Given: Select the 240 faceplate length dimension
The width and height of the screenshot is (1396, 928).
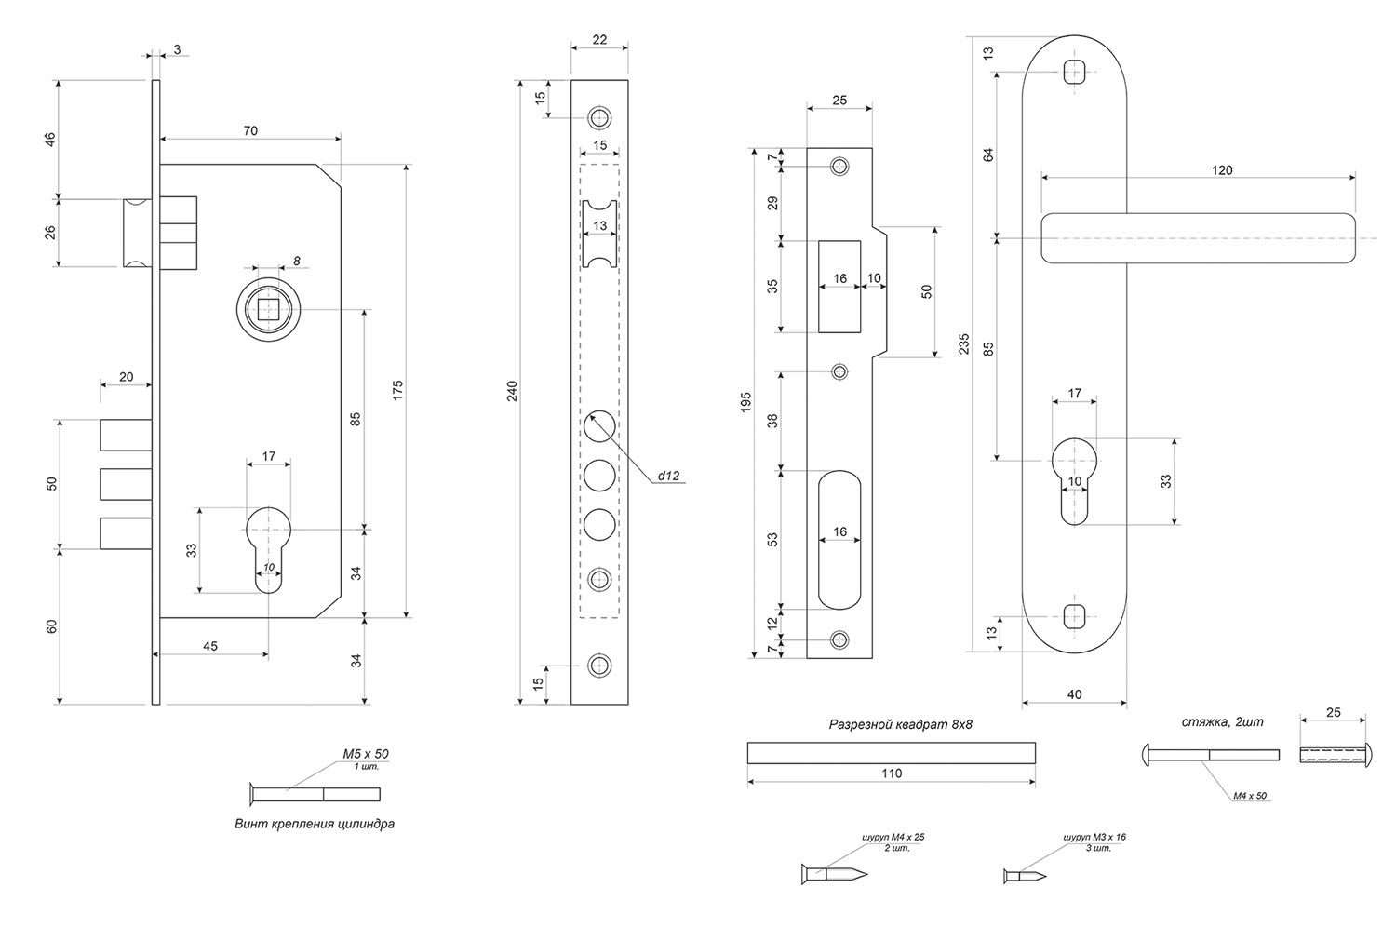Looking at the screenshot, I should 511,391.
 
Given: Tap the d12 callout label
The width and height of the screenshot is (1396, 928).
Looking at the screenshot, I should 669,476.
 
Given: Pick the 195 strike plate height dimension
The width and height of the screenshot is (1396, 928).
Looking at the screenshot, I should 746,402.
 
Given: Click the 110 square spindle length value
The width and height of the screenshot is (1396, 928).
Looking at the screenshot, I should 891,773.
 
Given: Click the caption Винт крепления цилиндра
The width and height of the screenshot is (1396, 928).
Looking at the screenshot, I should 315,824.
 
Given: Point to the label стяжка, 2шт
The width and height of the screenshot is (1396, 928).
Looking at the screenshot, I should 1222,721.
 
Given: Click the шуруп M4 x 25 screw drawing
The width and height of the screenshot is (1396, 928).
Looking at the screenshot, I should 834,874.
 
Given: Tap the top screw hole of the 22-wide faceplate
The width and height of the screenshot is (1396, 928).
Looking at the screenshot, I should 598,117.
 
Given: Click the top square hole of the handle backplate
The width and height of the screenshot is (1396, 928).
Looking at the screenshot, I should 1074,73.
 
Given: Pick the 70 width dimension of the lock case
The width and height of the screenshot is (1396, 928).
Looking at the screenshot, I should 250,131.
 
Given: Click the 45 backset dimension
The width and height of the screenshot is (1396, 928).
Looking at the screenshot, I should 210,646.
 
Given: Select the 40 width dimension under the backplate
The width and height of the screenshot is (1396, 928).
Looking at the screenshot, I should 1075,693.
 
